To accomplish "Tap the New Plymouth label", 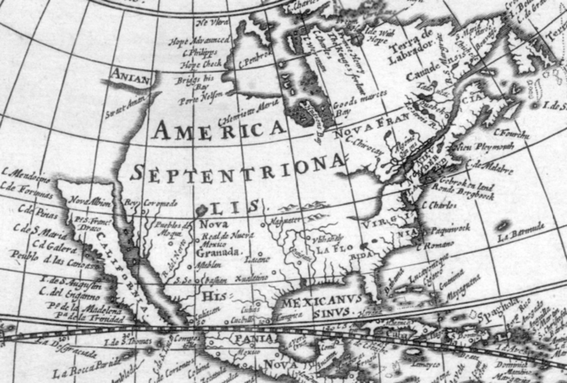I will click(477, 145).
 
